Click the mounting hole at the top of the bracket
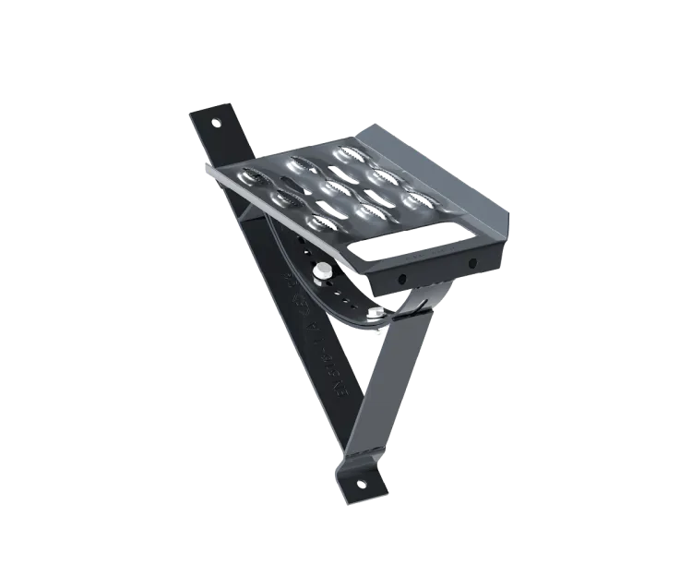click(x=218, y=122)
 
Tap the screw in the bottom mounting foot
click(x=361, y=483)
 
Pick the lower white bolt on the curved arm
click(x=377, y=320)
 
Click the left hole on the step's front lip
click(x=402, y=278)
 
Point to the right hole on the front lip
click(x=472, y=265)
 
